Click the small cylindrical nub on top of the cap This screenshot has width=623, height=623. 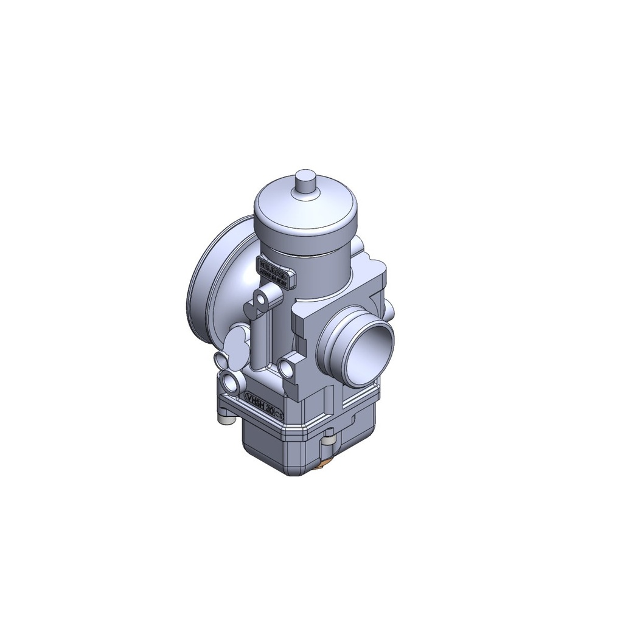306,183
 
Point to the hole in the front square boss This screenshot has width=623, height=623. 285,366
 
